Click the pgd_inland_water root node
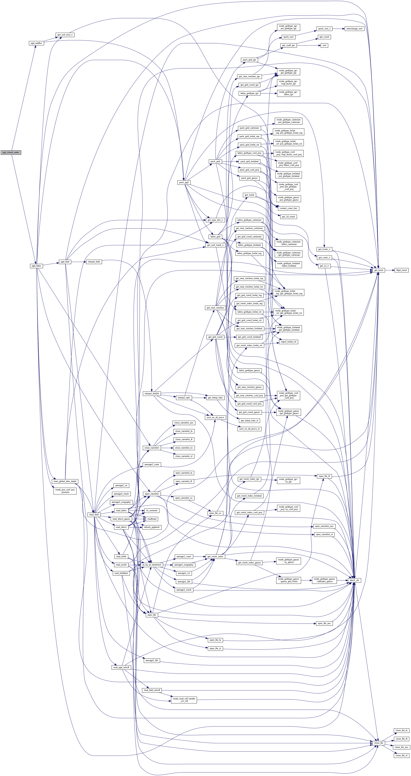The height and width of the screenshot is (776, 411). tap(11, 152)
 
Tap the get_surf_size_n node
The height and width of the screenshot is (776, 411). tap(65, 35)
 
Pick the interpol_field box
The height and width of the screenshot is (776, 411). tap(94, 262)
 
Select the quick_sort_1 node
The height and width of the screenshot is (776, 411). tap(324, 29)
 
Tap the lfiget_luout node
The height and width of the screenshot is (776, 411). tap(401, 270)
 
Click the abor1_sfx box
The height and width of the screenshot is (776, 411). tap(354, 580)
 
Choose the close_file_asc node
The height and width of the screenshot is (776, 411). tap(402, 747)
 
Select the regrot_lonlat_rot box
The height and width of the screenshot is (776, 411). tap(289, 342)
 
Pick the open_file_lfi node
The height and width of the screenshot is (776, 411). tap(324, 476)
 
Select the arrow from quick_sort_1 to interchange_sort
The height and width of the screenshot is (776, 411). tap(339, 29)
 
